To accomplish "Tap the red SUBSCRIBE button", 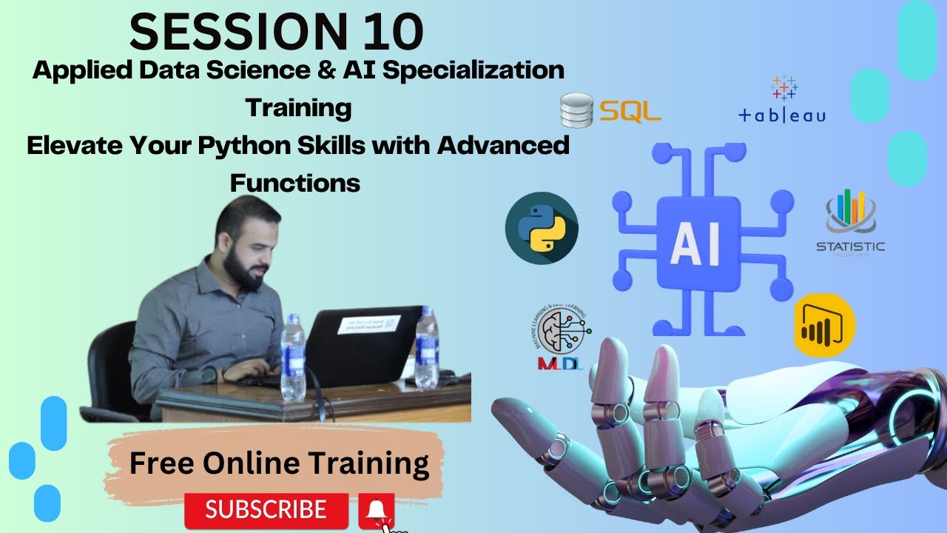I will [x=266, y=509].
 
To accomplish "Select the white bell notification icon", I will [x=377, y=509].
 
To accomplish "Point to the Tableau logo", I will [x=783, y=99].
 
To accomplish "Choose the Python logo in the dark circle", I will [x=542, y=230].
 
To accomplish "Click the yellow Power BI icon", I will [x=824, y=326].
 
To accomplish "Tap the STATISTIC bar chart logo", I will [x=850, y=221].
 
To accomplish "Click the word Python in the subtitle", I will [x=237, y=145].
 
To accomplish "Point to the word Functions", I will [x=294, y=182].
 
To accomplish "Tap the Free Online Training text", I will [x=279, y=463].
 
